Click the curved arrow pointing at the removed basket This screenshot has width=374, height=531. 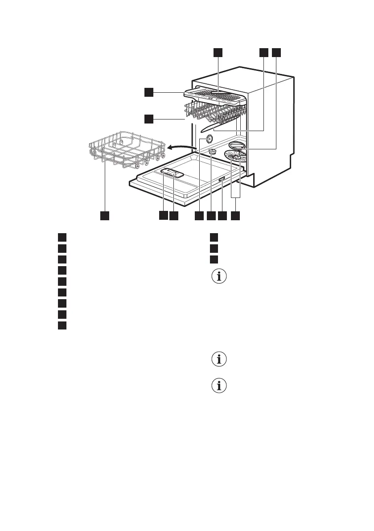(x=182, y=147)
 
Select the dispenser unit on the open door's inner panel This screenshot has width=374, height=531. (x=172, y=173)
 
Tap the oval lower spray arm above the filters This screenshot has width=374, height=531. (x=237, y=145)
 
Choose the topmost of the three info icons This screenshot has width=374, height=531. (x=219, y=276)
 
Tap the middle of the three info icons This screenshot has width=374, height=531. (x=219, y=359)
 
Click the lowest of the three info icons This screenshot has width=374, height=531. (x=219, y=386)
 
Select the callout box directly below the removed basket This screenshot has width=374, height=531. (x=104, y=215)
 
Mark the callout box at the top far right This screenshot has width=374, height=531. (x=276, y=53)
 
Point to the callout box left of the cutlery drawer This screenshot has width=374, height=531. (x=149, y=92)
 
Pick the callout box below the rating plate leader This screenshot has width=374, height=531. (x=222, y=215)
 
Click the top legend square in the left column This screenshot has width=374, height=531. (x=62, y=237)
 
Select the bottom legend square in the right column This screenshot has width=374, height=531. (x=214, y=259)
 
